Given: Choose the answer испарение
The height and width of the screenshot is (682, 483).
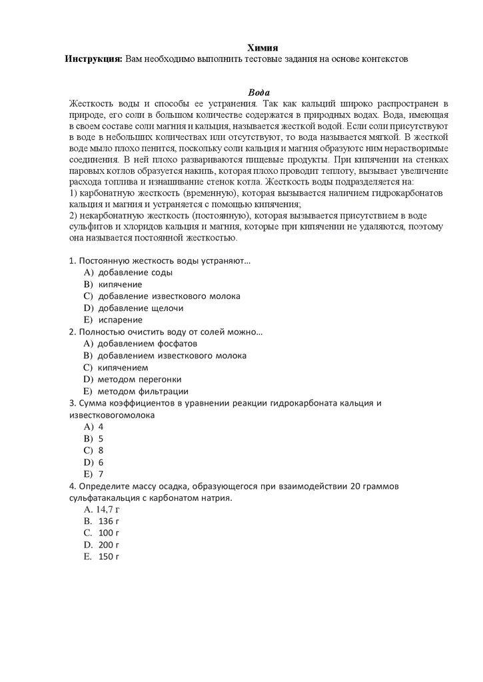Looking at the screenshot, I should pyautogui.click(x=120, y=320).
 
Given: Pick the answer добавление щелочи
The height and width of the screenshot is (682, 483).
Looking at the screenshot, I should pyautogui.click(x=140, y=308).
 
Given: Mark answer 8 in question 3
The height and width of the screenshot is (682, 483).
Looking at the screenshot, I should pyautogui.click(x=101, y=450).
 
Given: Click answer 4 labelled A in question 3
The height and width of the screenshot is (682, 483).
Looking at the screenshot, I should pyautogui.click(x=101, y=426).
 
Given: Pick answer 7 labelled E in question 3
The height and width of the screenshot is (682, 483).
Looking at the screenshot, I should pyautogui.click(x=101, y=474).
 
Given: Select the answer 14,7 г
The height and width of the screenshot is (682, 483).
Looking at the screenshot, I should pyautogui.click(x=108, y=510).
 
